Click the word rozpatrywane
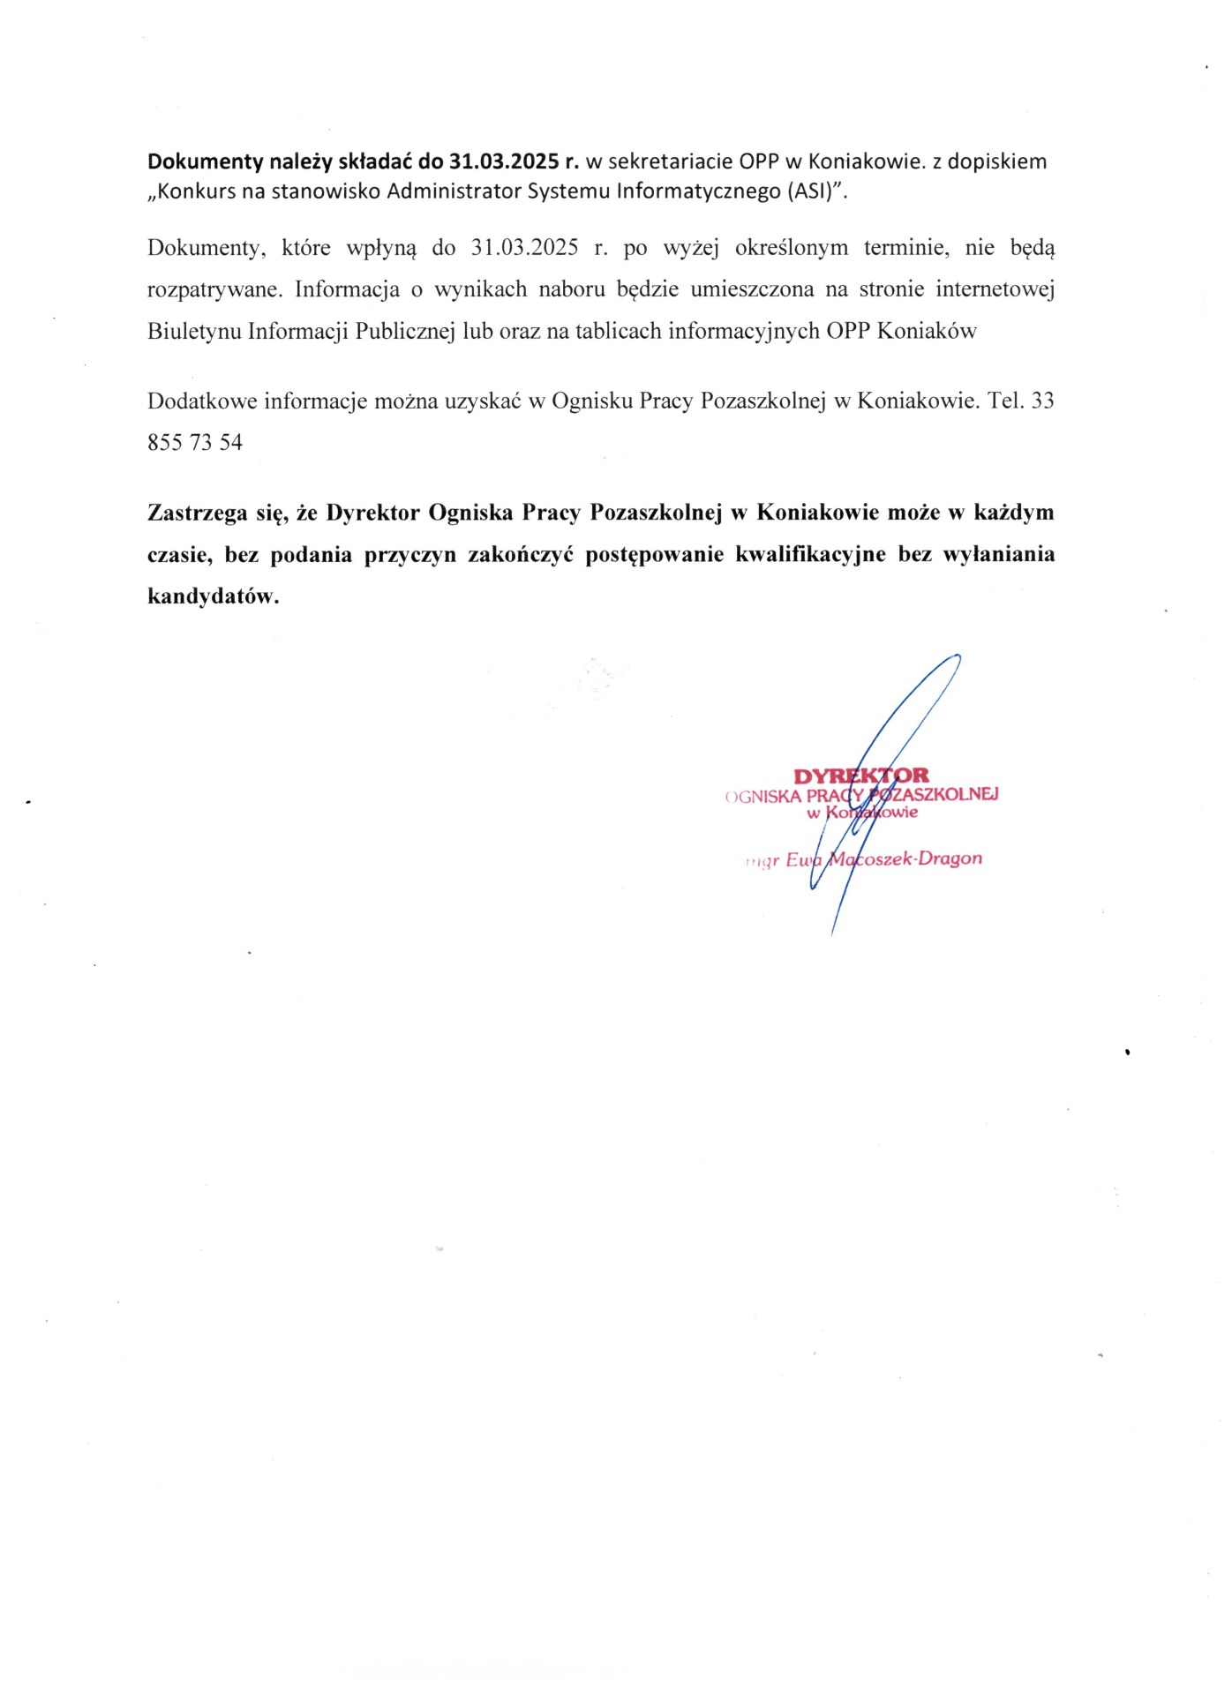coord(213,289)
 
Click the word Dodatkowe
coord(201,401)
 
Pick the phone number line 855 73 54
coord(195,443)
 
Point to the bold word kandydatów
coord(213,596)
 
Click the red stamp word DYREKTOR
coord(860,776)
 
